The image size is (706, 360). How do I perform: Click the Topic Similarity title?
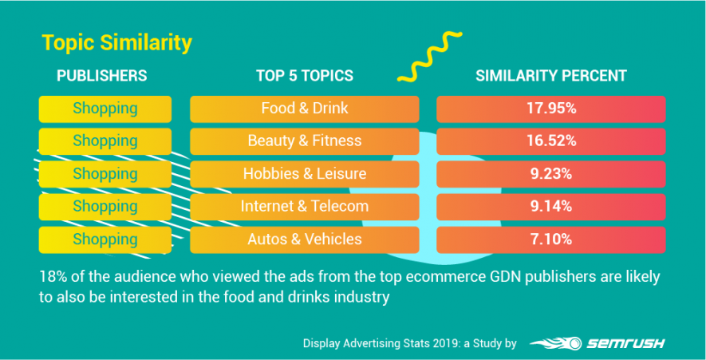tap(116, 42)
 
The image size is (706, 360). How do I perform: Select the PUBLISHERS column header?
tap(101, 76)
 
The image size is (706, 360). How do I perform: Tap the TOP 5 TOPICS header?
tap(304, 76)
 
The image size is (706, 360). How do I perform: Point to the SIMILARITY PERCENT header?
tap(550, 76)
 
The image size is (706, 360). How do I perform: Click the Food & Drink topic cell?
tap(304, 108)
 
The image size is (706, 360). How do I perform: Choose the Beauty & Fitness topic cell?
tap(304, 140)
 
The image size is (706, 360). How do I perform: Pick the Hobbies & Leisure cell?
tap(304, 173)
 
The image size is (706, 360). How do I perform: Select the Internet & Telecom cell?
tap(304, 206)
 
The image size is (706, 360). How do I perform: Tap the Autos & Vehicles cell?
tap(304, 239)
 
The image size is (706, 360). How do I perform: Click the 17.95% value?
tap(550, 108)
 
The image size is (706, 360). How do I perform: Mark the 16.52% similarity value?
tap(550, 140)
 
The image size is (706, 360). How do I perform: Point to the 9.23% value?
tap(550, 173)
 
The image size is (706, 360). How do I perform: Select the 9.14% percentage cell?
tap(550, 206)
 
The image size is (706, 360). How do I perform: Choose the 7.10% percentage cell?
tap(550, 239)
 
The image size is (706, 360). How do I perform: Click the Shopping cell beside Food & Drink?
tap(105, 108)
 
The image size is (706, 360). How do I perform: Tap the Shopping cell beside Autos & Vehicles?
tap(105, 239)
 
